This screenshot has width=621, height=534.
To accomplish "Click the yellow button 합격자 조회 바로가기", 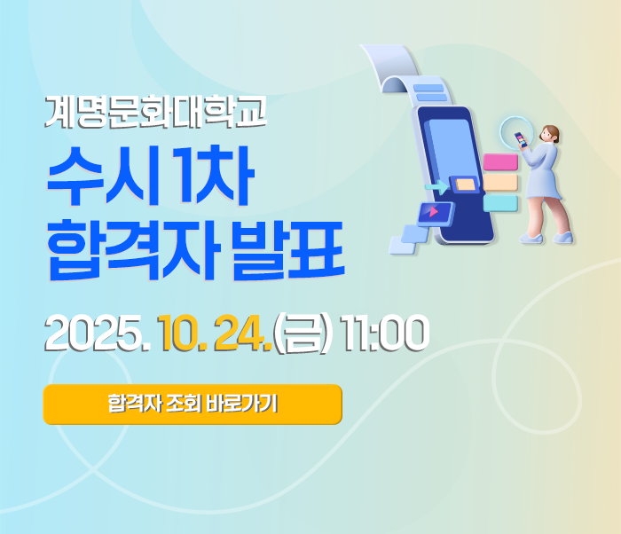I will coord(193,404).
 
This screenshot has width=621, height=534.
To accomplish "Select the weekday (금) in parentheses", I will coord(302,334).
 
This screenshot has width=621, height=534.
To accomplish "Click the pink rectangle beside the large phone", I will coord(500,162).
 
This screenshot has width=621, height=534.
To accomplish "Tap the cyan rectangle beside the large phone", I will coord(500,203).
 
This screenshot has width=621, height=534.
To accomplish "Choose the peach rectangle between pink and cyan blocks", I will coord(500,183).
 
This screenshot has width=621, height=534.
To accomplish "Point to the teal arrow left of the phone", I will coord(436,187).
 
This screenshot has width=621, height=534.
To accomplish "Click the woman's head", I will coord(549,134).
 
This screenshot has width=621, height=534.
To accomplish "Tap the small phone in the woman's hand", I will coord(520,139).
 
